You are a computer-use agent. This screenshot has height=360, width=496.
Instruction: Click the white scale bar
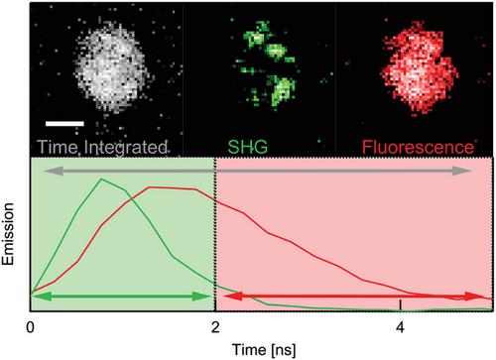64,124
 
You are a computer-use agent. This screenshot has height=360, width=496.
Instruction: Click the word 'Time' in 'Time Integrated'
58,147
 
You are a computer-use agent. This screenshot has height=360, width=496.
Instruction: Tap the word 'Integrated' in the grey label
125,148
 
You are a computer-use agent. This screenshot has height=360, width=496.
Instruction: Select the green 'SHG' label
248,147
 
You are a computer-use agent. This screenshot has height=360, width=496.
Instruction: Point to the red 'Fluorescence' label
418,147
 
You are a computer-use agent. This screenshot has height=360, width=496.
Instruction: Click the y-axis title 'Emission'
8,234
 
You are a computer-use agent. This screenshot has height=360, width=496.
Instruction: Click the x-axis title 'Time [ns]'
264,350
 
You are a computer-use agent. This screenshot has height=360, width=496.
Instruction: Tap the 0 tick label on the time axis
31,328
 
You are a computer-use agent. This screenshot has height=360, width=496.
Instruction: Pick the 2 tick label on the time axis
215,328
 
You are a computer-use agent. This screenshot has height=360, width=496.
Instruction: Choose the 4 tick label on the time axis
401,328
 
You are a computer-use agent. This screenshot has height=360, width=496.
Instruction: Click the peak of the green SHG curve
102,179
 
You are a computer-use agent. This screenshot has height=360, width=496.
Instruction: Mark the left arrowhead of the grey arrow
54,171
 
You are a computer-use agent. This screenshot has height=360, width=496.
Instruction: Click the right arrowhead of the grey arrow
462,171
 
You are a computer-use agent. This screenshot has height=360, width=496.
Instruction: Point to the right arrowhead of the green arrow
201,297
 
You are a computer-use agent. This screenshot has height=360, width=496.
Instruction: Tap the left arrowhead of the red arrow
233,297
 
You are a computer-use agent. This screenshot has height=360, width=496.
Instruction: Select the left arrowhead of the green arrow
42,297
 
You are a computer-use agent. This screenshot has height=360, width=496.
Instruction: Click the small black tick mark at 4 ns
401,304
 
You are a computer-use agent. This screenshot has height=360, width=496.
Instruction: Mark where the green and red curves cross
132,199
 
